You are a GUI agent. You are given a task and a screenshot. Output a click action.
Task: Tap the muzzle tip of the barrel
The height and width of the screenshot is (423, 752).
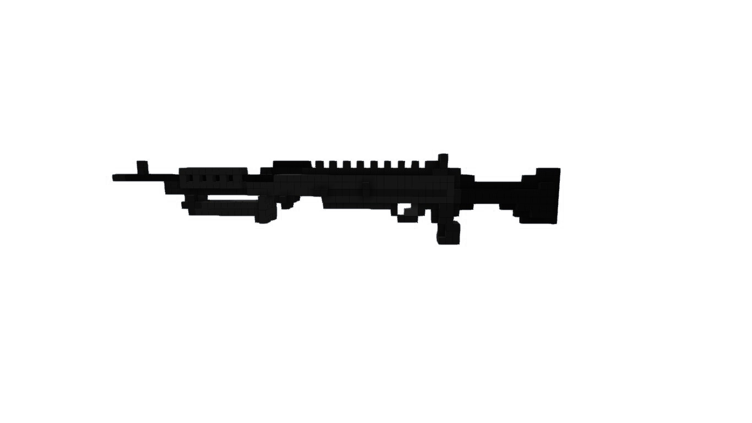(x=115, y=177)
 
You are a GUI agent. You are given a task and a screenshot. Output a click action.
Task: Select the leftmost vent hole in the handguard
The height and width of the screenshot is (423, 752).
(x=190, y=178)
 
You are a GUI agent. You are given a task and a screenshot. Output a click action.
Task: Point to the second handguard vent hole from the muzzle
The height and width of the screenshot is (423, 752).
(x=204, y=178)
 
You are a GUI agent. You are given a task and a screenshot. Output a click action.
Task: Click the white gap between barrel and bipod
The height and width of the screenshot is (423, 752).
(x=226, y=197)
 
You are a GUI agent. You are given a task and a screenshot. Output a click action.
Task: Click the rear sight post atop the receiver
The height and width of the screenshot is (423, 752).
(x=443, y=159)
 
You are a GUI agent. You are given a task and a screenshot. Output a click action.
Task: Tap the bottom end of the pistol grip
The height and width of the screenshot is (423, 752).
(x=449, y=241)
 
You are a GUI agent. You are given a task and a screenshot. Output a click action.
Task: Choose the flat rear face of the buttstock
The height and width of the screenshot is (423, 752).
(x=558, y=196)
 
